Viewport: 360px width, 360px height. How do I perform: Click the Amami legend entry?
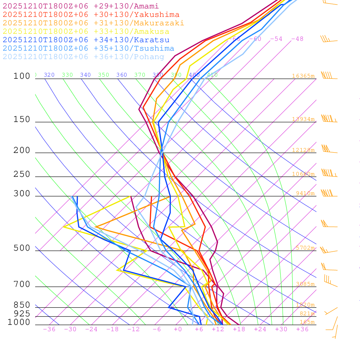tap(81, 6)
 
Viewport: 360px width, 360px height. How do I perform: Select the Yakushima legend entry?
tap(91, 15)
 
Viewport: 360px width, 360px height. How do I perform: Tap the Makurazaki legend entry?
tap(94, 23)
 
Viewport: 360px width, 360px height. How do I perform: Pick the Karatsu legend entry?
tap(86, 40)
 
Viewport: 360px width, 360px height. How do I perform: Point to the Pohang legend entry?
tap(84, 57)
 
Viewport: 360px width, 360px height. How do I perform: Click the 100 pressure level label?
tap(22, 76)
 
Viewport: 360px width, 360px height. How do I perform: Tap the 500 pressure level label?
tap(22, 249)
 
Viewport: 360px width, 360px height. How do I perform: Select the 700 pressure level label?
tap(22, 284)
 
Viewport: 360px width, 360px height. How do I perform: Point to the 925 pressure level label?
tap(22, 314)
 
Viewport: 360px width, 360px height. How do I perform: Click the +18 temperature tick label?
tap(239, 329)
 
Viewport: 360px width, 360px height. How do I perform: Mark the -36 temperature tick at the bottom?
tap(49, 329)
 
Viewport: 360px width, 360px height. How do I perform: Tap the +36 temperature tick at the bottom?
tap(302, 329)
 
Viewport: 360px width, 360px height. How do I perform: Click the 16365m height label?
tap(303, 76)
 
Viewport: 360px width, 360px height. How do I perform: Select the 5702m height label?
tap(305, 248)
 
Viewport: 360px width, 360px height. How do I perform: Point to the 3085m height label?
tap(305, 284)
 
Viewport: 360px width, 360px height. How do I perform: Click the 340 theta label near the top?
tap(85, 75)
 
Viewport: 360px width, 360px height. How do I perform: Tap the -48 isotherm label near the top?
tap(297, 39)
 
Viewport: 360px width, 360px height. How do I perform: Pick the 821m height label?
tap(307, 314)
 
